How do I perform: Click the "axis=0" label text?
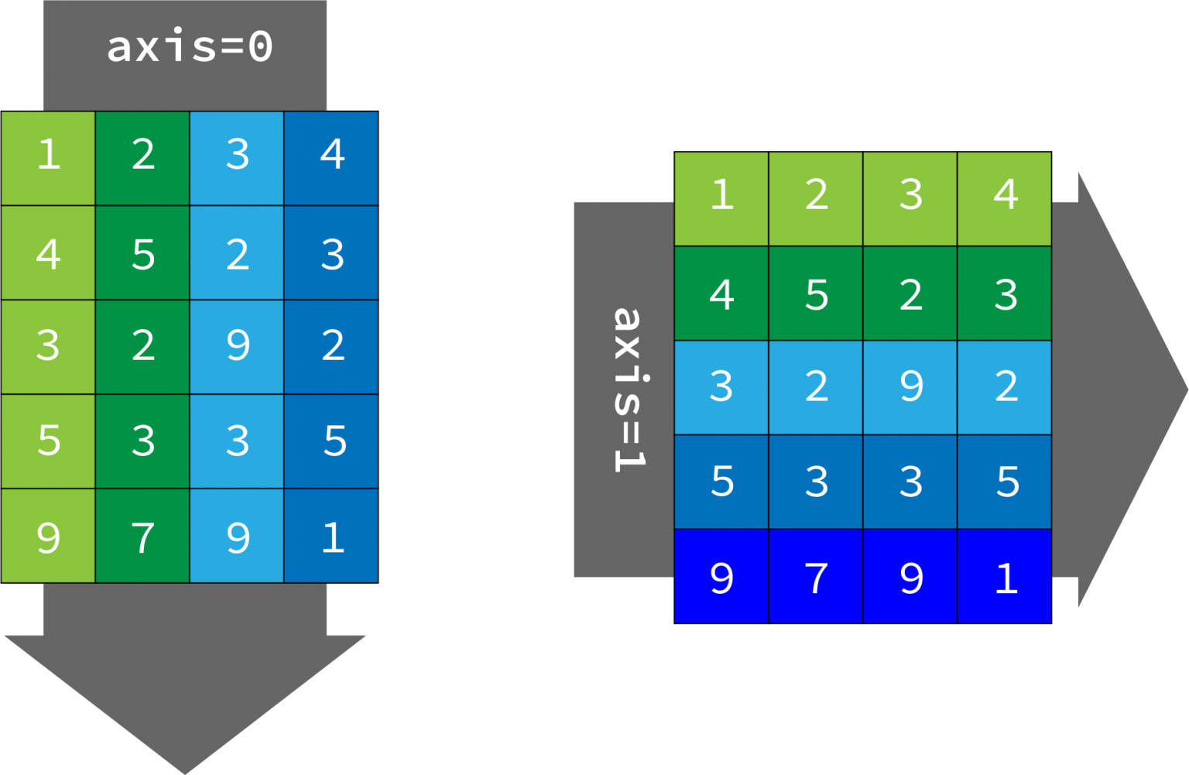(190, 46)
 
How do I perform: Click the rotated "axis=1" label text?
(631, 389)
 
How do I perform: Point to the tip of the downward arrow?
(185, 773)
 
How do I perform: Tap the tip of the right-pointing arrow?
(1187, 390)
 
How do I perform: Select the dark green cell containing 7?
(142, 536)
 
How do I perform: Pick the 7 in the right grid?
(816, 577)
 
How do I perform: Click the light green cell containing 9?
(48, 536)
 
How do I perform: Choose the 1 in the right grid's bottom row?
(1005, 577)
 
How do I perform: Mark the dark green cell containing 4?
(721, 293)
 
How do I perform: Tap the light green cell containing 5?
(48, 441)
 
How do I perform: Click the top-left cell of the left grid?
(48, 158)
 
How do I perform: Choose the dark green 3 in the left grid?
(142, 441)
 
